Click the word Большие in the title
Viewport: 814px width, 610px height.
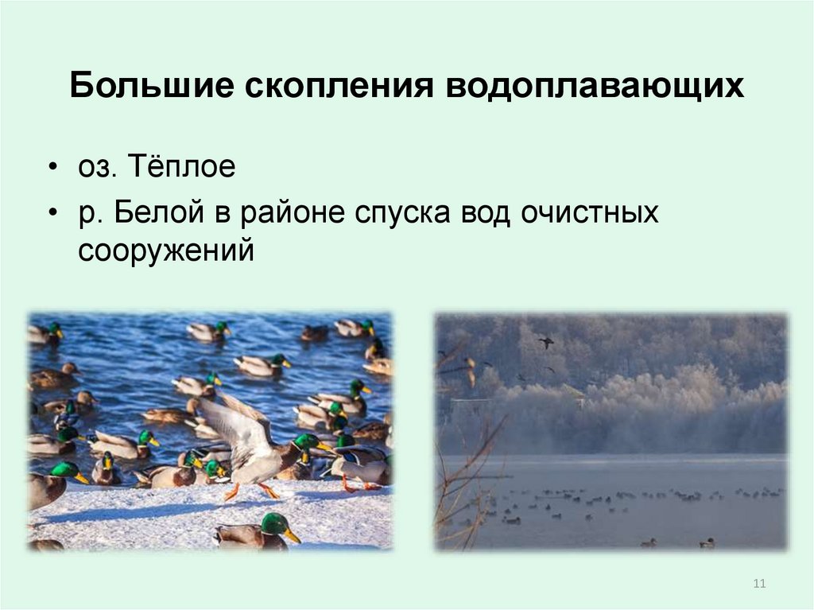[x=154, y=86]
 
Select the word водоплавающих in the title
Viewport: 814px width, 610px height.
[x=597, y=86]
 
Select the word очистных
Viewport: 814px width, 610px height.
[x=590, y=213]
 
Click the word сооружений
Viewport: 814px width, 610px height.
[x=166, y=250]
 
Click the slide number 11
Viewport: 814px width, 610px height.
[x=758, y=585]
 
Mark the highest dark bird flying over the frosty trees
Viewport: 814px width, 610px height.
[x=545, y=341]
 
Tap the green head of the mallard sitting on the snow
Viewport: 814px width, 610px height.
[x=274, y=523]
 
